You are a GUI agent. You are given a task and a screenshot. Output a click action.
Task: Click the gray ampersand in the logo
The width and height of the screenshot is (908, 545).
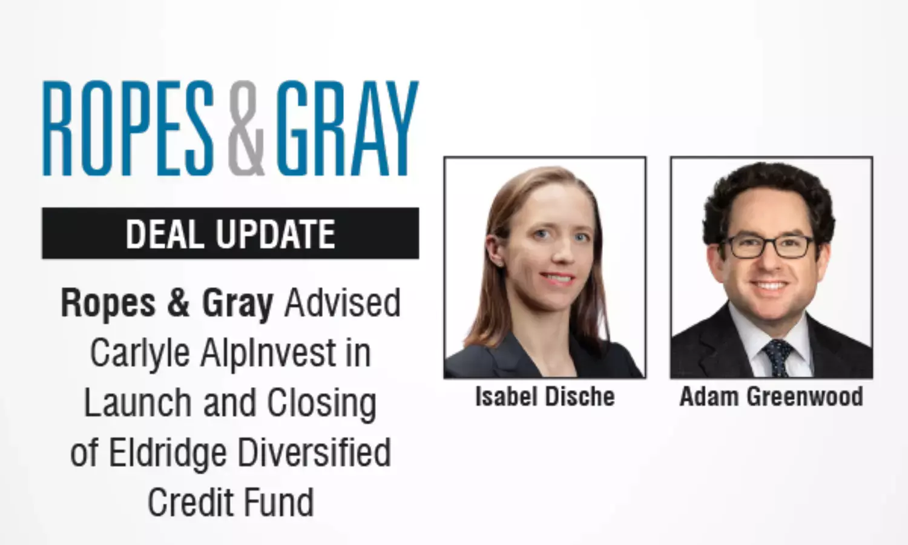tap(246, 128)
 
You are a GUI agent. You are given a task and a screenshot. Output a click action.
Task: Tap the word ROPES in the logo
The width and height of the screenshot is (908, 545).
tap(128, 128)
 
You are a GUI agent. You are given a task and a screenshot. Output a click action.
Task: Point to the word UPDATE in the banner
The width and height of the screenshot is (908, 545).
tap(275, 234)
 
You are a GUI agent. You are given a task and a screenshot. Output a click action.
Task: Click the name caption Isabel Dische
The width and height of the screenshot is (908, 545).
tap(545, 396)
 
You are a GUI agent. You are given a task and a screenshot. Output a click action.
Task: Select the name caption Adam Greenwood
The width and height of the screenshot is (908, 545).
tap(771, 396)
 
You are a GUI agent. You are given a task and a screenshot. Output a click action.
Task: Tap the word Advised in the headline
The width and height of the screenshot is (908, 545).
tap(343, 303)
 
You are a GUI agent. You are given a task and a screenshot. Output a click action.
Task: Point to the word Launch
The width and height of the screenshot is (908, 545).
tap(137, 402)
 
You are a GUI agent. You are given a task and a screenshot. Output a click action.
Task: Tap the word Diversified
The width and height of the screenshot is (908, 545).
tap(314, 452)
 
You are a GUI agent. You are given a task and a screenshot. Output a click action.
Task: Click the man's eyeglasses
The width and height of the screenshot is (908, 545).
tap(767, 246)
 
